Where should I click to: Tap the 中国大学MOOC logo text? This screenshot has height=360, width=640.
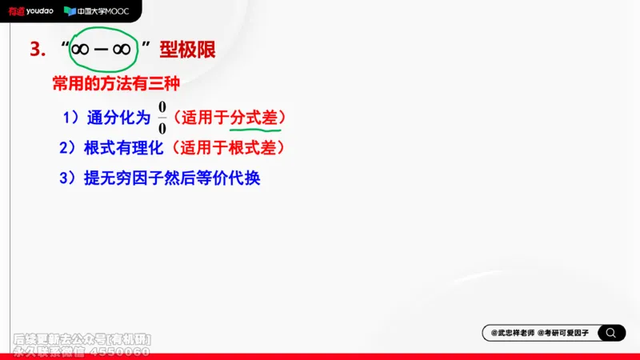point(102,11)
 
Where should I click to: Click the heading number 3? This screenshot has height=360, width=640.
point(35,50)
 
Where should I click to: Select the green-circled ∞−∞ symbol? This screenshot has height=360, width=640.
point(101,50)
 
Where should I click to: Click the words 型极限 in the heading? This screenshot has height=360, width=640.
point(187,50)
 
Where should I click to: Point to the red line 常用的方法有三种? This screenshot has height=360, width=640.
point(116,84)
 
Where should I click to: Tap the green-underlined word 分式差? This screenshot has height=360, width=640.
point(254,118)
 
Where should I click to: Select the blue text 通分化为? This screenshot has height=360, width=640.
point(118,118)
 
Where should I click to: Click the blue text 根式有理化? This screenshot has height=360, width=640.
point(123,148)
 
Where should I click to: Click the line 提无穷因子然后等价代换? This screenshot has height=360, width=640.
point(172,178)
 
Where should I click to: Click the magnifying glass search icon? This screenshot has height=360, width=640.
point(611,333)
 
